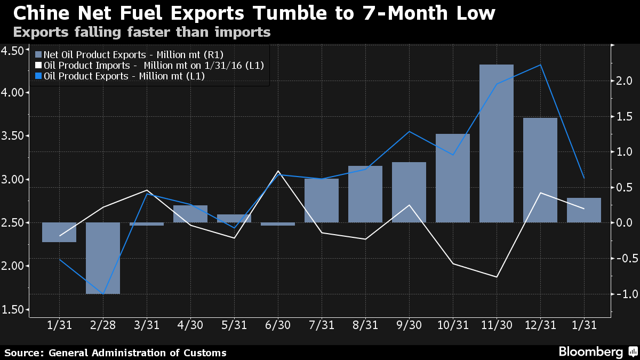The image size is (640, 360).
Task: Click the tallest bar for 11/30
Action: click(497, 143)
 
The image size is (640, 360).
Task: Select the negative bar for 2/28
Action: click(103, 258)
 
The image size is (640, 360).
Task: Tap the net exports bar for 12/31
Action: click(540, 170)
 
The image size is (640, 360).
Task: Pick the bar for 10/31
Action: click(453, 178)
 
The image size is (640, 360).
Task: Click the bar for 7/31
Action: click(322, 201)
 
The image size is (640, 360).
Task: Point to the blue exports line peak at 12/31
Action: click(540, 65)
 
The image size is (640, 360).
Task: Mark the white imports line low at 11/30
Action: click(497, 277)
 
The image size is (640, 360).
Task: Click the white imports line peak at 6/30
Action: click(278, 171)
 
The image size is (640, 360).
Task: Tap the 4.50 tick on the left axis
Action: click(15, 51)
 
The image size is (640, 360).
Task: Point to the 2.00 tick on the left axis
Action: click(15, 266)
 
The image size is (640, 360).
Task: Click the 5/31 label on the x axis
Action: click(234, 324)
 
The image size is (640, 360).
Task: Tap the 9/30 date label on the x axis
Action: click(409, 324)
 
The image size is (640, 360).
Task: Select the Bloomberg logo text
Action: click(590, 352)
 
